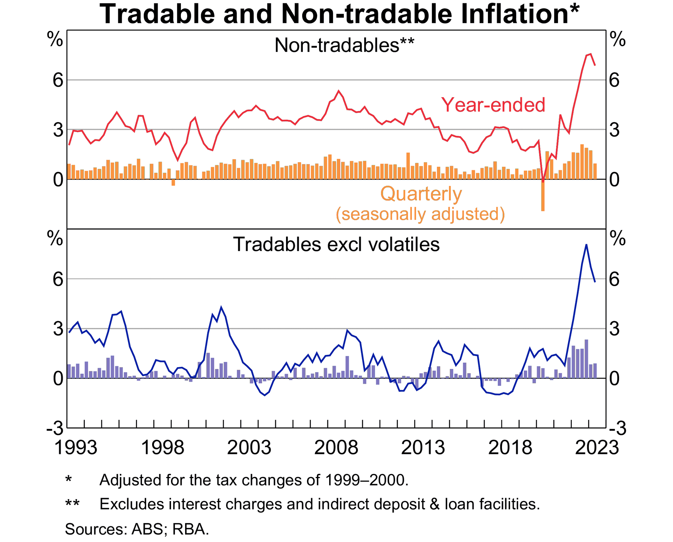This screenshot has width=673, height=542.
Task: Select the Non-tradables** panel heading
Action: [x=344, y=46]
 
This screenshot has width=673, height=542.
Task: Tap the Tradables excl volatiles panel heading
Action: [x=336, y=244]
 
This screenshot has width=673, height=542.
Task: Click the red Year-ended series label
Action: [x=493, y=105]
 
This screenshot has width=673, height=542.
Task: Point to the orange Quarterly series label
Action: [x=421, y=194]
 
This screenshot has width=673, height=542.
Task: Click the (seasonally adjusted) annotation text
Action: [x=420, y=214]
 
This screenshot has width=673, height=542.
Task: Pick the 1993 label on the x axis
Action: [x=76, y=448]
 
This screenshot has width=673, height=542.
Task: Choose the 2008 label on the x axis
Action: [x=336, y=448]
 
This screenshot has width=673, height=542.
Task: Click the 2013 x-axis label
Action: [x=423, y=448]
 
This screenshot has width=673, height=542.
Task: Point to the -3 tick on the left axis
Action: [x=55, y=429]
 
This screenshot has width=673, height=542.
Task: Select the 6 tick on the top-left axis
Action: [x=58, y=80]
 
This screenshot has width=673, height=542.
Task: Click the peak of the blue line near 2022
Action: [x=586, y=245]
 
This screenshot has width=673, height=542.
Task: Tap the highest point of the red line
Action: [x=591, y=54]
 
